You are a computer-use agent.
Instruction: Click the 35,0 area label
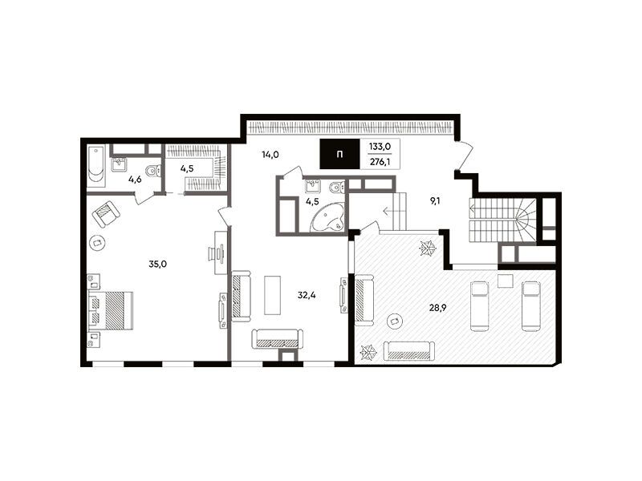157,265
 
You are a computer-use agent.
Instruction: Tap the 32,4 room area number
307,295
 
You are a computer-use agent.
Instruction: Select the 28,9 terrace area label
437,308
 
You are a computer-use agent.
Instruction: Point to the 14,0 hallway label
270,155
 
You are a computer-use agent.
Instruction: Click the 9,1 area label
435,201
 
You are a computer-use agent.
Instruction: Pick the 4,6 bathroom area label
135,179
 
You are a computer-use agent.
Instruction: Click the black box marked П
339,154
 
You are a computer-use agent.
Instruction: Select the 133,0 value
380,147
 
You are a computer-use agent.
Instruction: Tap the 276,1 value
380,162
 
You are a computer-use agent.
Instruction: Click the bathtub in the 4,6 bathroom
96,166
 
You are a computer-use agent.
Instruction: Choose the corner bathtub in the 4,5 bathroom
328,219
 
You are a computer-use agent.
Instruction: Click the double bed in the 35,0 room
111,310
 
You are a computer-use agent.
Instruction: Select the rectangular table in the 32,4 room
272,295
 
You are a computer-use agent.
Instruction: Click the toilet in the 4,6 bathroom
153,171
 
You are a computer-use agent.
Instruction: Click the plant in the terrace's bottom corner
368,353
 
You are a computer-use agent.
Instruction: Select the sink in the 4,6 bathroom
119,165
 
